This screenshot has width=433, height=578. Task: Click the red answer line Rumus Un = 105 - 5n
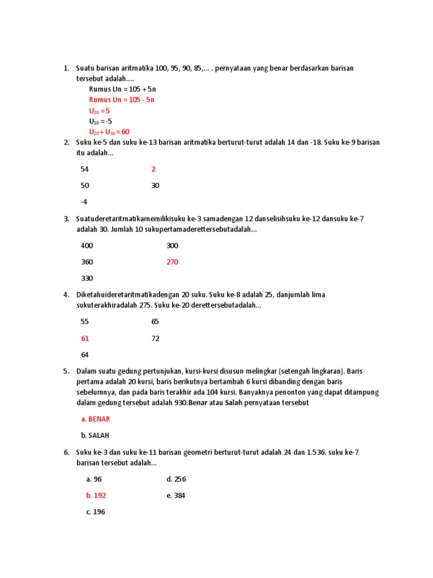pos(121,100)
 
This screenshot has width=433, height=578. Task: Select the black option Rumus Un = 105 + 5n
pos(122,89)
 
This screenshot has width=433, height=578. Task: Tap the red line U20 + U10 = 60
pos(109,132)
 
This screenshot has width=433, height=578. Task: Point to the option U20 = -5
pos(100,121)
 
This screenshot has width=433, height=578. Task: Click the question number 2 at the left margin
pos(66,143)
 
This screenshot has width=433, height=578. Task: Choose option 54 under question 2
pos(85,169)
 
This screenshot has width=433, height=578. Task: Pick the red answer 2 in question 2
pos(153,169)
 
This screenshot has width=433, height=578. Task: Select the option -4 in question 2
pos(84,202)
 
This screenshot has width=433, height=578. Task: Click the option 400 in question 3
pos(87,246)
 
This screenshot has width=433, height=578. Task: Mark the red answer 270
pos(172,262)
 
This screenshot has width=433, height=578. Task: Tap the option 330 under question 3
pos(87,278)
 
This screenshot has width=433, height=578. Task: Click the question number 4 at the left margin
pos(66,295)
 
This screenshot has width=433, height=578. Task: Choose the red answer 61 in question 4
pos(85,339)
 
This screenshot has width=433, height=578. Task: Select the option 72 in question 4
pos(155,339)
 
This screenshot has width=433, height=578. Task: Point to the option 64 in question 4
pos(85,355)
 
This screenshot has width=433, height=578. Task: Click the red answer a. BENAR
pos(96,419)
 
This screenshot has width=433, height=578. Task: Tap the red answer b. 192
pos(96,496)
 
